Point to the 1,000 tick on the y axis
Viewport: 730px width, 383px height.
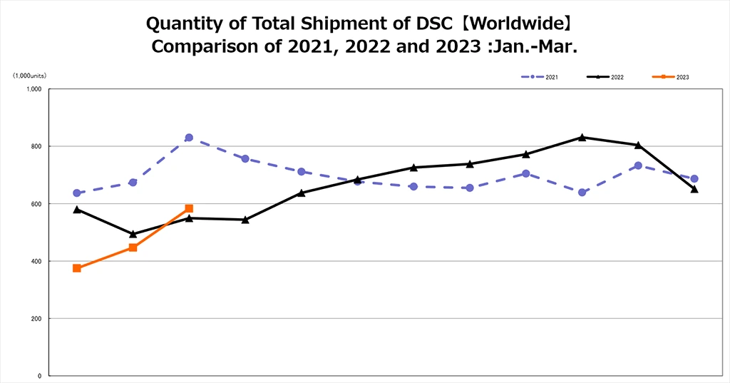pyautogui.click(x=35, y=89)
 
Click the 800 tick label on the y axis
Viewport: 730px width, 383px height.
pyautogui.click(x=37, y=146)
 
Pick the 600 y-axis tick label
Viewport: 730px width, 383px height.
pyautogui.click(x=37, y=204)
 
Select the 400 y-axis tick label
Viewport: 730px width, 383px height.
pyautogui.click(x=37, y=261)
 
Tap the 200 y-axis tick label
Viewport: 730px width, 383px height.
pyautogui.click(x=37, y=319)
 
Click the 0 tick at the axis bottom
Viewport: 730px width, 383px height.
pyautogui.click(x=41, y=376)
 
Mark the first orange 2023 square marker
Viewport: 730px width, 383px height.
pyautogui.click(x=76, y=268)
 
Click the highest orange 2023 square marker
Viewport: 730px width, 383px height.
pyautogui.click(x=189, y=208)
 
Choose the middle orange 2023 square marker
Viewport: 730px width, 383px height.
pyautogui.click(x=133, y=247)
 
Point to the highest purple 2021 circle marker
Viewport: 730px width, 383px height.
pyautogui.click(x=189, y=138)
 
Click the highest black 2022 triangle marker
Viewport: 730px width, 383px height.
pyautogui.click(x=582, y=137)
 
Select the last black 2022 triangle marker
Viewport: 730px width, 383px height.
pyautogui.click(x=694, y=189)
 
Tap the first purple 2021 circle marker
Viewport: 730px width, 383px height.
pyautogui.click(x=76, y=193)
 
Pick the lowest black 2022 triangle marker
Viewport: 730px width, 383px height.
pyautogui.click(x=133, y=234)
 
